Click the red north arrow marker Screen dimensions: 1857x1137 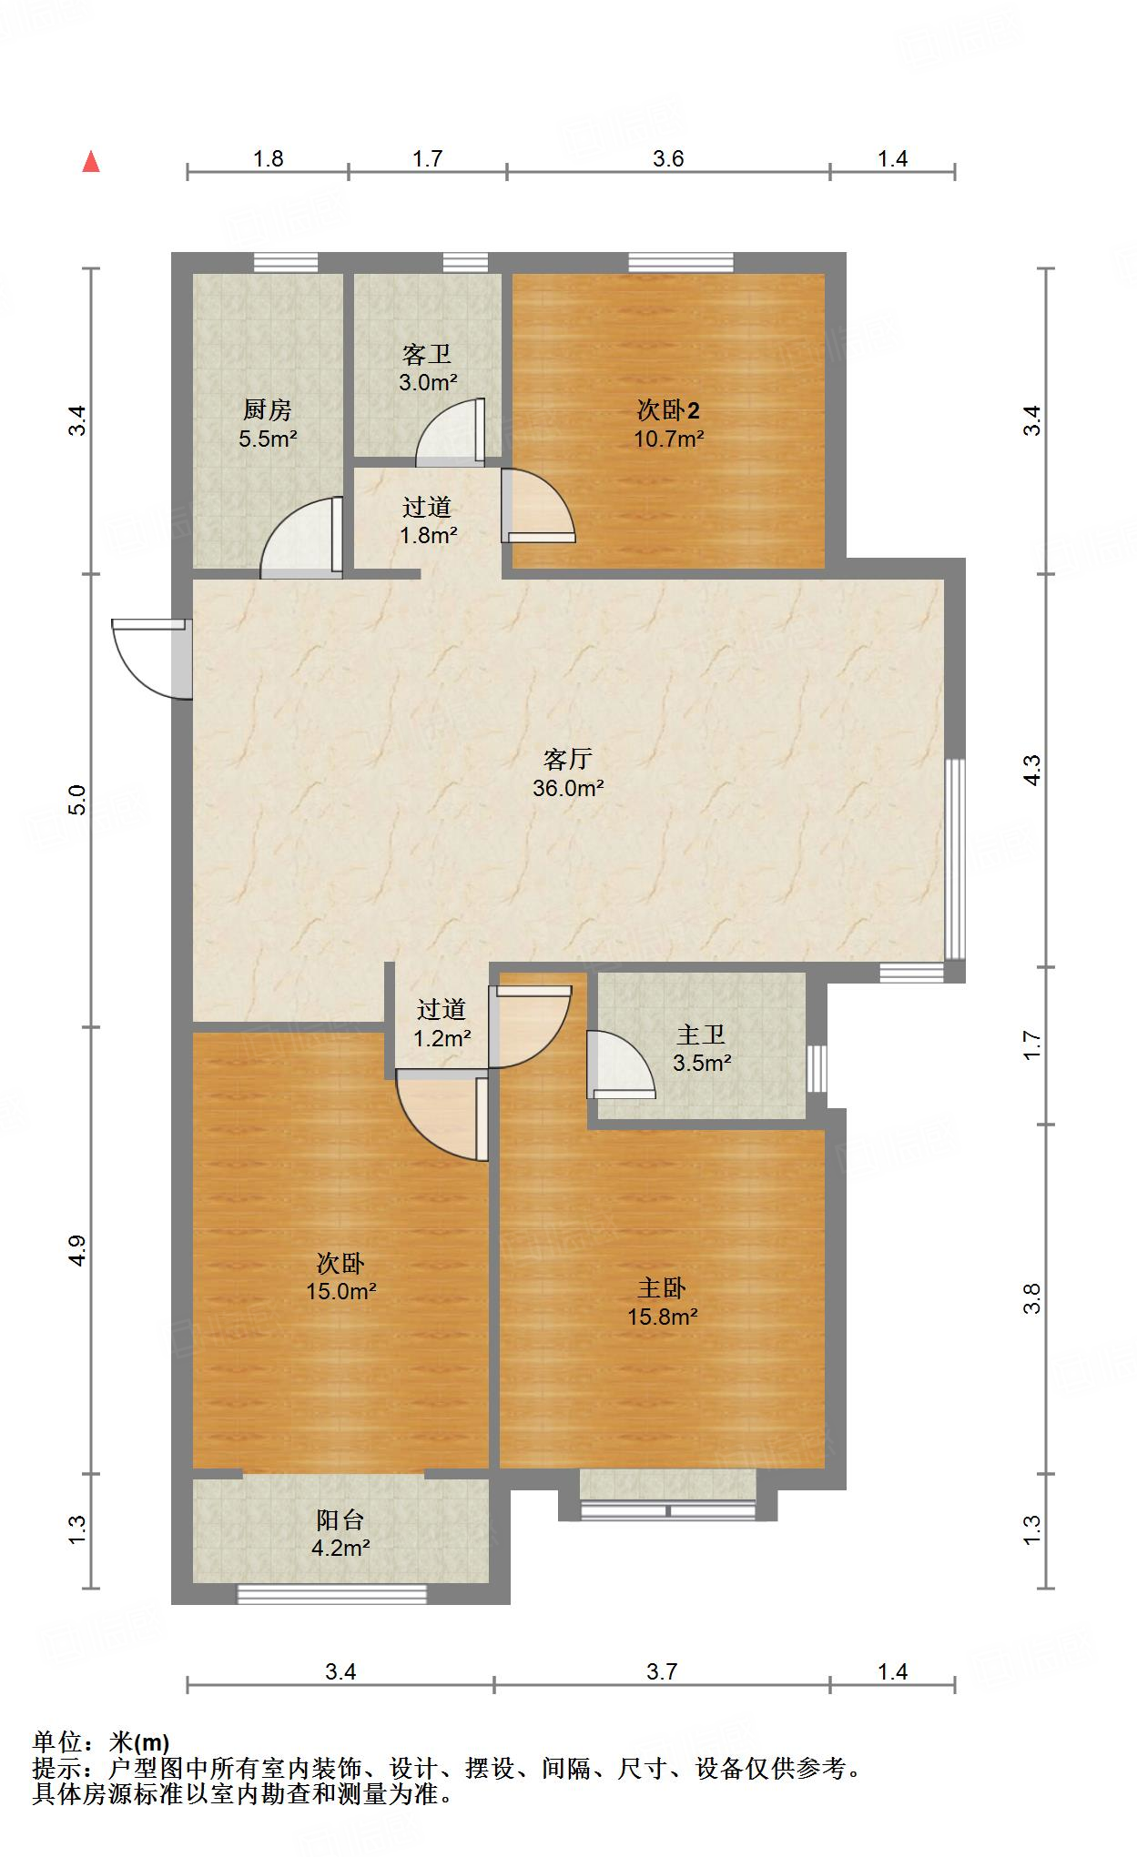[x=91, y=162]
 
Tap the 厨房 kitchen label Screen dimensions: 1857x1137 [x=268, y=424]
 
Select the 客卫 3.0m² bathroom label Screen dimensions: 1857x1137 [x=427, y=368]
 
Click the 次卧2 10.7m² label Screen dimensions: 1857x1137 [x=669, y=424]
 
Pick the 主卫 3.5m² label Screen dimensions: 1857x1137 [x=702, y=1048]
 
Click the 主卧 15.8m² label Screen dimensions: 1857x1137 [x=662, y=1301]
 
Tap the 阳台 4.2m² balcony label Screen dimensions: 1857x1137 [x=340, y=1533]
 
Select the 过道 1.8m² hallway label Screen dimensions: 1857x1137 [x=427, y=520]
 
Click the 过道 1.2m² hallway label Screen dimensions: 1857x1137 [x=442, y=1023]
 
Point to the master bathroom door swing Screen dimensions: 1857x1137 [x=619, y=1065]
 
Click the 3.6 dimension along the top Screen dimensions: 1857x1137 [x=667, y=159]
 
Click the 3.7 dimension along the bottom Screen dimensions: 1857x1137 [x=662, y=1671]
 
